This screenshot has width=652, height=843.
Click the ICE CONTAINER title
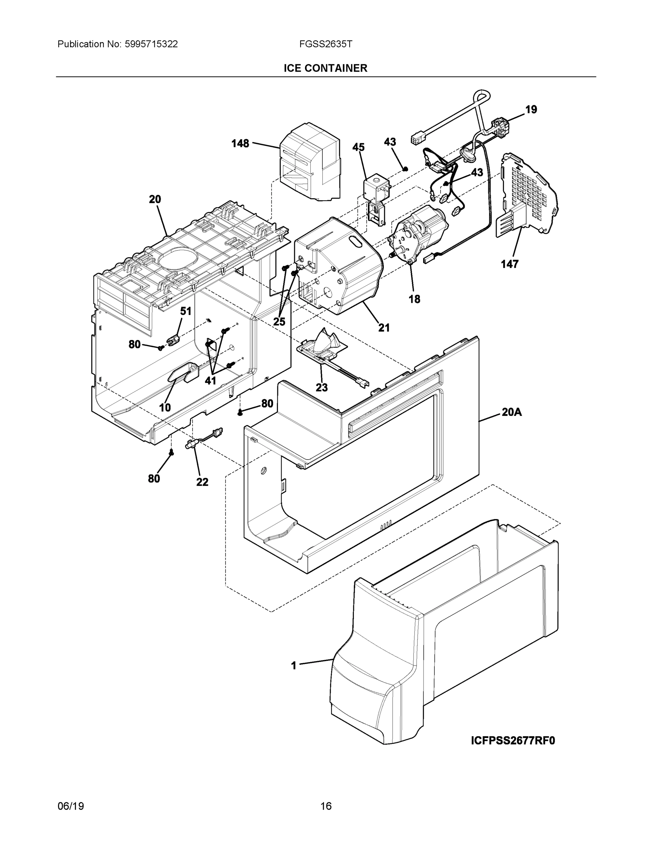pos(325,68)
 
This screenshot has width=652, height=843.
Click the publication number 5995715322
pos(151,44)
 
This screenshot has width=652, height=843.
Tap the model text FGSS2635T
pos(325,44)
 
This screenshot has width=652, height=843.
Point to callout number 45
pos(358,147)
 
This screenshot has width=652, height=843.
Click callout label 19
pos(531,110)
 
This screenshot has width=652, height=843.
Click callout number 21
pos(383,328)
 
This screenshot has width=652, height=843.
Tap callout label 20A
pos(511,412)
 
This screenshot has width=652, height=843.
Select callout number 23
pos(321,387)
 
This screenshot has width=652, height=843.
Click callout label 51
pos(186,311)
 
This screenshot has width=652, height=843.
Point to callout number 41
pos(210,381)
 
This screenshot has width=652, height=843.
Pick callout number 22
pos(202,482)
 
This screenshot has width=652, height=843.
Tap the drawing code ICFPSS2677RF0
pos(512,740)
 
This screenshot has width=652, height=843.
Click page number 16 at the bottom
pos(325,806)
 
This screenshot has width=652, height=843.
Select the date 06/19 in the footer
pos(71,806)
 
